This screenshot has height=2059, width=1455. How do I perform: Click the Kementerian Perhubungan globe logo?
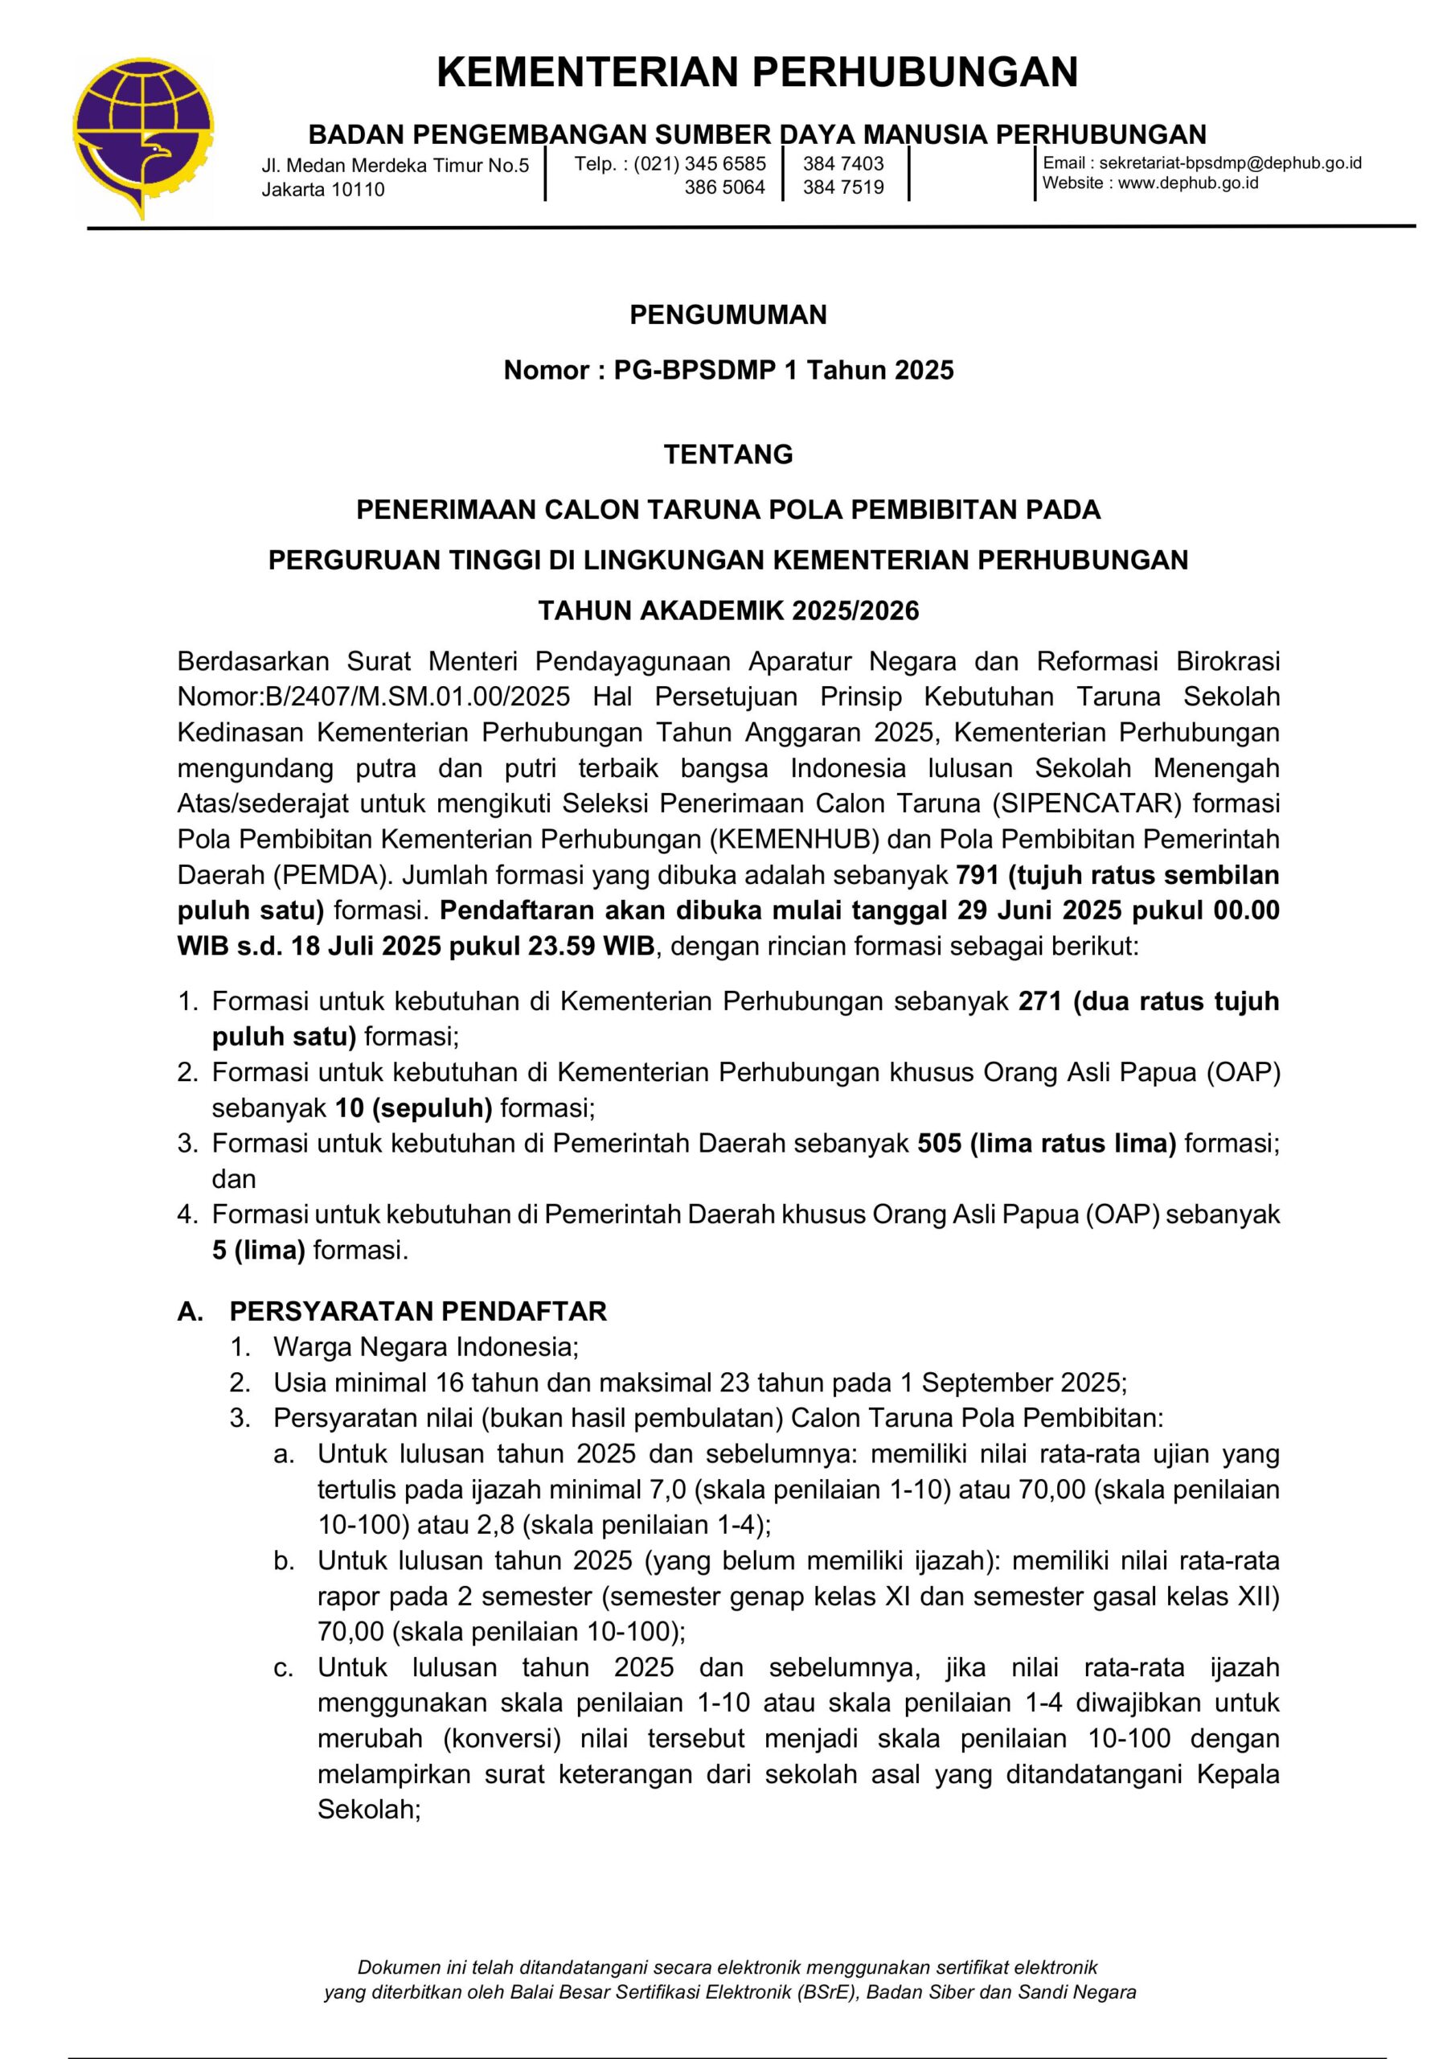click(x=143, y=134)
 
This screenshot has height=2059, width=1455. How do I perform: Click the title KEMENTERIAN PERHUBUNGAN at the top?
click(x=756, y=72)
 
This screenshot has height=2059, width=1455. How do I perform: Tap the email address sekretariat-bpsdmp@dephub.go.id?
click(x=1230, y=162)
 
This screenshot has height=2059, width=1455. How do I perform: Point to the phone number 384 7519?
click(x=842, y=187)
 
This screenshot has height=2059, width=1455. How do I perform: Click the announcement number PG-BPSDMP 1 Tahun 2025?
click(x=783, y=370)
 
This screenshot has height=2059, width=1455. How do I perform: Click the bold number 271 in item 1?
click(x=1040, y=1001)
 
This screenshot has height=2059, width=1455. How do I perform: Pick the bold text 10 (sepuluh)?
click(x=413, y=1108)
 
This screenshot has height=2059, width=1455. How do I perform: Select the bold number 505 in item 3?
click(x=939, y=1144)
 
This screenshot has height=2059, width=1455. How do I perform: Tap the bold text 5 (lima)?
click(x=258, y=1250)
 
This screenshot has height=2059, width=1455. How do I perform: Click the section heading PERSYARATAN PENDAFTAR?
click(x=418, y=1311)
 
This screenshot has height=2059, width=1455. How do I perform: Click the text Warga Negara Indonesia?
click(x=426, y=1347)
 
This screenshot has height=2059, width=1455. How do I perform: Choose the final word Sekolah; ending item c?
click(x=368, y=1810)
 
